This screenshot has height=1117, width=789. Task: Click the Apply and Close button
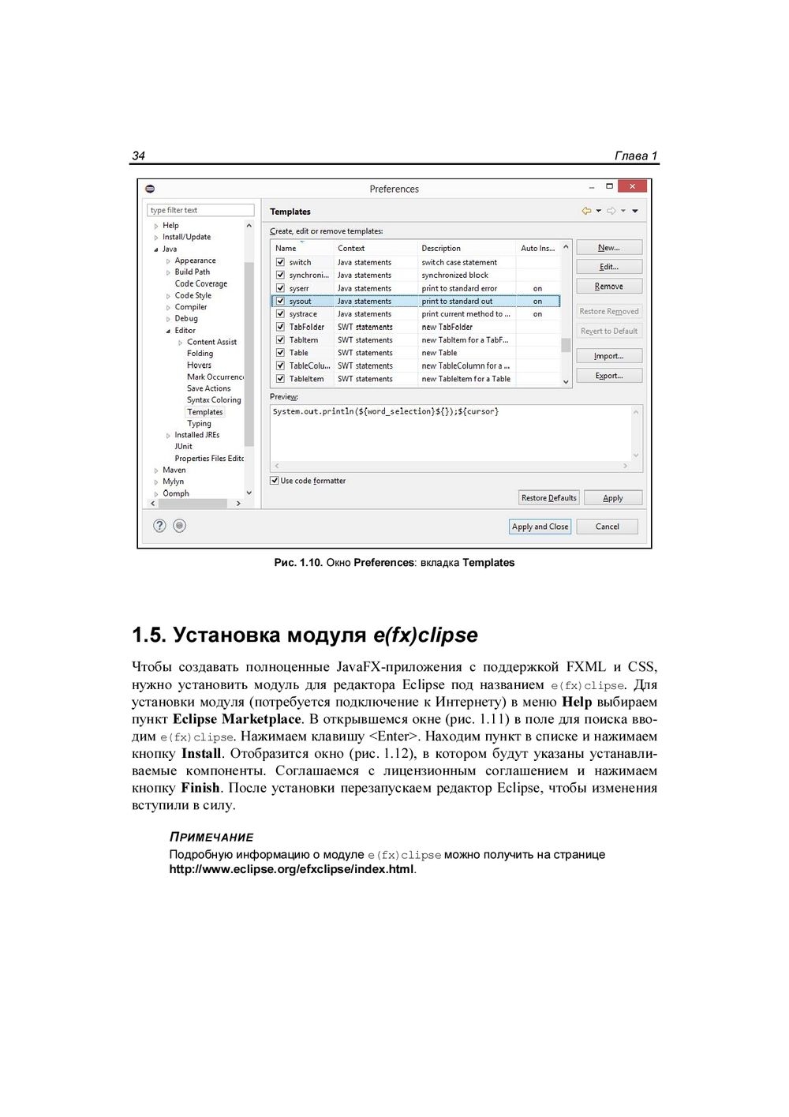pos(540,527)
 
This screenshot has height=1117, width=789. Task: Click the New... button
pos(608,248)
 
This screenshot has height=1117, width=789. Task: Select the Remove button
pos(608,287)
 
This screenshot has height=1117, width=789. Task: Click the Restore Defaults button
pos(549,498)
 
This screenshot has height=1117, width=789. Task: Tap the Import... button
pos(608,356)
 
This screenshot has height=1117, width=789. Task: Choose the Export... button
pos(608,376)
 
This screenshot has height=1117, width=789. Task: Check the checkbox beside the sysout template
pos(280,301)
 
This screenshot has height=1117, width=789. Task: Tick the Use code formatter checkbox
pos(275,481)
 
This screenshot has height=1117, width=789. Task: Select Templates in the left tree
pos(205,412)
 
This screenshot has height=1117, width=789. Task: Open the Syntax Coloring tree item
pos(214,400)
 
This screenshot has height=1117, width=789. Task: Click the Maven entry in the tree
pos(174,470)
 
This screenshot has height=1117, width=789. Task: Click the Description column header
pos(441,248)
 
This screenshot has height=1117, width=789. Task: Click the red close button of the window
pos(633,186)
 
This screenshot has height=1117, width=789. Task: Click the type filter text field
pos(200,210)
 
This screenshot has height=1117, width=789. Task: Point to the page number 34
pos(138,156)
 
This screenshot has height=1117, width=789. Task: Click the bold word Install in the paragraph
pos(201,754)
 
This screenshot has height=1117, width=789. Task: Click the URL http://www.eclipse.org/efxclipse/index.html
pos(291,869)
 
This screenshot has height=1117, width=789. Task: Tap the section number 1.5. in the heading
pos(149,635)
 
